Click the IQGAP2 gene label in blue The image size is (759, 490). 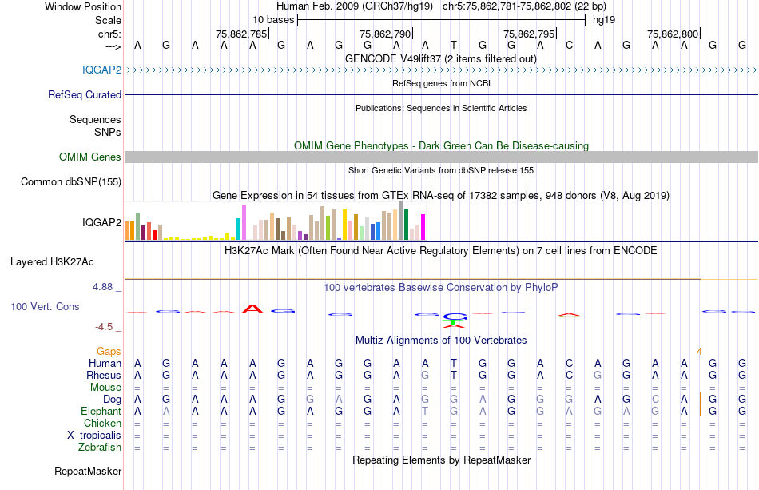[x=101, y=70]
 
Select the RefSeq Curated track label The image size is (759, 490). [x=85, y=94]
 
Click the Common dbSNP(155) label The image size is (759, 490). [x=70, y=182]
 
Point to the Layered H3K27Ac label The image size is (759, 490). [x=52, y=261]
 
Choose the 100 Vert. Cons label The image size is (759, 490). [x=45, y=306]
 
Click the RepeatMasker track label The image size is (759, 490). [x=87, y=472]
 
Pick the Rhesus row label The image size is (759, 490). [x=105, y=375]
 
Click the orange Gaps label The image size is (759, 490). [x=109, y=351]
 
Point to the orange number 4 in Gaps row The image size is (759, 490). [x=699, y=351]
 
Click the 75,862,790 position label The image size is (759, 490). [x=385, y=34]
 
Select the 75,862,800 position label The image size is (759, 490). [x=673, y=34]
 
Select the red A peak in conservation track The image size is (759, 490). [x=252, y=309]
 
